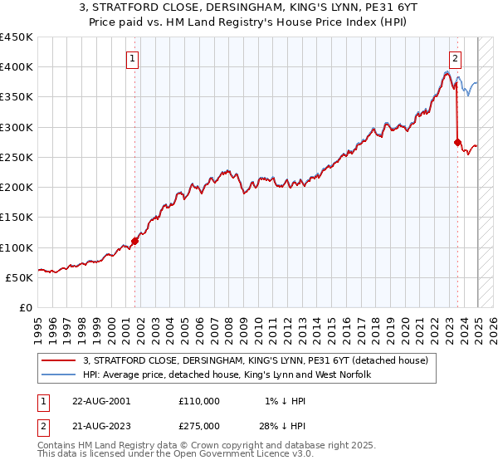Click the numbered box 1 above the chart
click(133, 58)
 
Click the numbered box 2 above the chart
click(456, 58)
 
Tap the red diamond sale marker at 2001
click(134, 242)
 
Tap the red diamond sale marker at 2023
click(457, 142)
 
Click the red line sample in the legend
click(59, 360)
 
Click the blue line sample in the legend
click(59, 375)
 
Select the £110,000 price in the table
click(199, 401)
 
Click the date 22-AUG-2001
click(101, 401)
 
